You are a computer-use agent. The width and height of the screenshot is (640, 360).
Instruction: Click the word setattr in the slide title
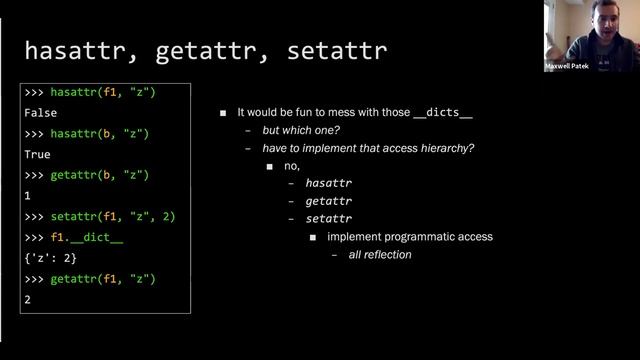click(334, 49)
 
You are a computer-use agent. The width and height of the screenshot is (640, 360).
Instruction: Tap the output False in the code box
click(40, 113)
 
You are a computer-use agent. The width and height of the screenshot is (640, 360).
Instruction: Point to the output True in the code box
click(37, 155)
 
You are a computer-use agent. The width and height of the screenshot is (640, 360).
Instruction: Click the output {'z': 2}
click(50, 258)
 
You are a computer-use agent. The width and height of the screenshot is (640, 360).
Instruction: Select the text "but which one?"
click(302, 131)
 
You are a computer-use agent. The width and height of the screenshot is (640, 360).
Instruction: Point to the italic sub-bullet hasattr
click(328, 184)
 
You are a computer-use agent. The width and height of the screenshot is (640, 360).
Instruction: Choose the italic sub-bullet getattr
click(328, 201)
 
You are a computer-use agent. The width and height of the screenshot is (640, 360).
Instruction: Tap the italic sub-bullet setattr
click(328, 219)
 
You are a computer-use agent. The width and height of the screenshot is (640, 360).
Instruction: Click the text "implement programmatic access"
click(410, 237)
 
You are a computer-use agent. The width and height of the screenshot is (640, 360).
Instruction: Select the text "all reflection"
click(380, 255)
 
